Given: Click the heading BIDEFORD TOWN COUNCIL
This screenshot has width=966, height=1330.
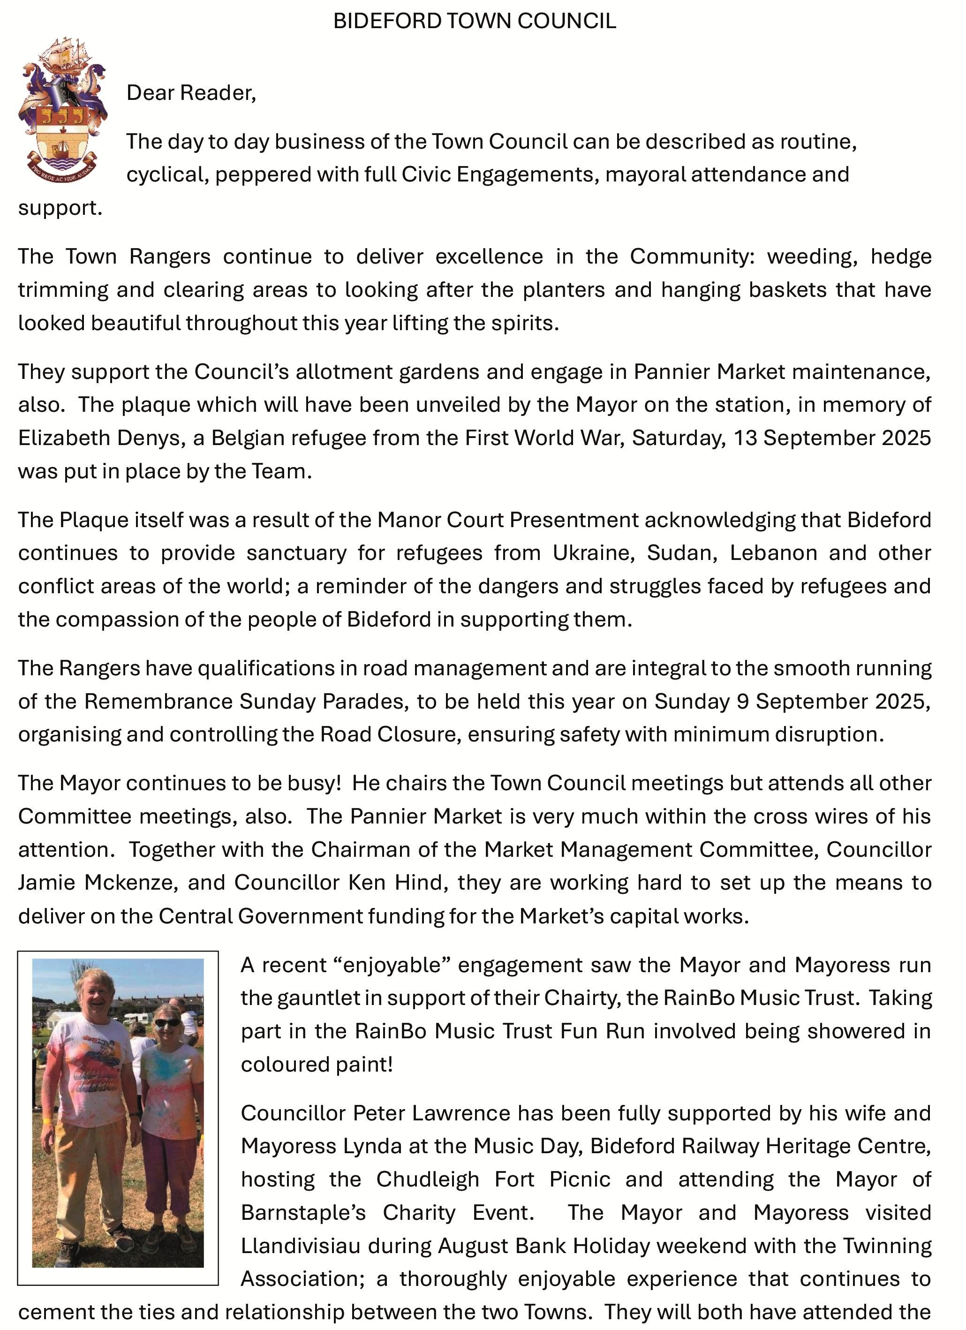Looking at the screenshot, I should click(x=475, y=22).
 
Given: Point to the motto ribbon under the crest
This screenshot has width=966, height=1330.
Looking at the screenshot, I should click(x=62, y=171).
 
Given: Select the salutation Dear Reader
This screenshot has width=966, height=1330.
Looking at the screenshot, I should click(x=191, y=93).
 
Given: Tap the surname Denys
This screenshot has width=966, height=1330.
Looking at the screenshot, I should click(x=147, y=438).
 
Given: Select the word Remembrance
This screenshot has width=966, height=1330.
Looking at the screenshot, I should click(x=158, y=702).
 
